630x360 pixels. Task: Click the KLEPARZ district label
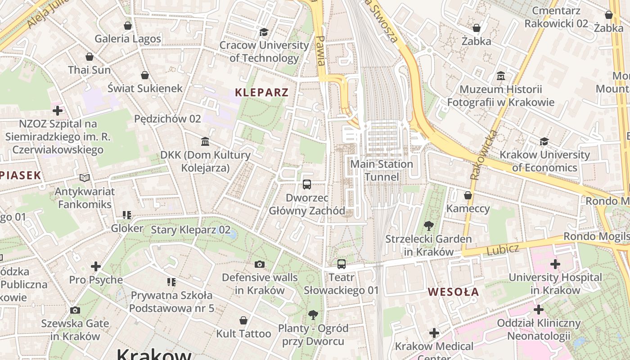261,93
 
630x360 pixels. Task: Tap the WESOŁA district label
453,292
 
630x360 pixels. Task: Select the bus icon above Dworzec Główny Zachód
307,184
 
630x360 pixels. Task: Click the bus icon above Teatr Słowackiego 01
342,264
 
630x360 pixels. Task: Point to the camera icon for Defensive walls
260,264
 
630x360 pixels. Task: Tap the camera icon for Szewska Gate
75,310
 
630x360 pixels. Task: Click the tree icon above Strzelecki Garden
428,226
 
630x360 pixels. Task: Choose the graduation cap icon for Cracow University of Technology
264,32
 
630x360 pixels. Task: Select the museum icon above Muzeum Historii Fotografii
501,76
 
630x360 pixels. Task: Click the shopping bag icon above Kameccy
468,195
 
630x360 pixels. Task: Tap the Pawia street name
320,50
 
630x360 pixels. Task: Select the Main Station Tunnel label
382,170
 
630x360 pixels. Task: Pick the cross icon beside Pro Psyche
96,266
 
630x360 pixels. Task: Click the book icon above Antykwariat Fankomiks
84,178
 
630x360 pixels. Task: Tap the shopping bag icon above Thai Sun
90,57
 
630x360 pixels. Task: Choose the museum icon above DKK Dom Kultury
205,142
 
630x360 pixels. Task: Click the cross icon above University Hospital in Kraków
555,264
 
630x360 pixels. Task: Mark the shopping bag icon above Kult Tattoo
243,320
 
